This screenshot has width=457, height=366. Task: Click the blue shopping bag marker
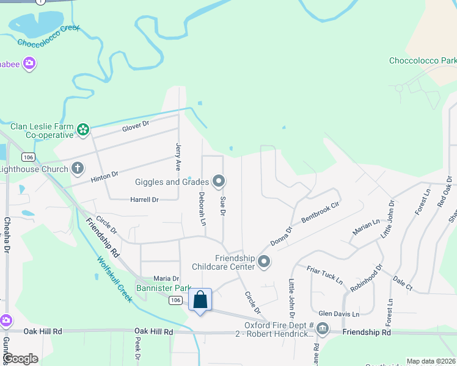tap(200, 300)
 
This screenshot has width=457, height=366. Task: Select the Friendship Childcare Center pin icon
tap(264, 262)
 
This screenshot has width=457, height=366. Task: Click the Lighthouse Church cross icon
tap(78, 168)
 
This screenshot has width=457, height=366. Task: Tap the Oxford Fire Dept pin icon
tap(322, 329)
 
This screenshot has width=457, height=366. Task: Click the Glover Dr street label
tap(135, 124)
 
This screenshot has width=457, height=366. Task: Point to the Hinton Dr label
tap(104, 176)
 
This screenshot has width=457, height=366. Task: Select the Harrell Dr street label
tap(144, 199)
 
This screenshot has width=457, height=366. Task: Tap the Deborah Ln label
tap(201, 208)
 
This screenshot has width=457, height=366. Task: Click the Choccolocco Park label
tap(423, 61)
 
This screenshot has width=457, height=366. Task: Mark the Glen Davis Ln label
tap(338, 314)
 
